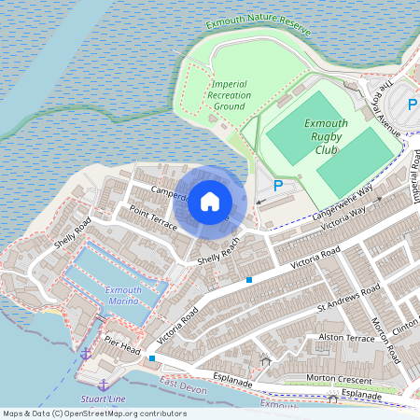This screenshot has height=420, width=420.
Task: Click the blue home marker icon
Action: click(209, 202)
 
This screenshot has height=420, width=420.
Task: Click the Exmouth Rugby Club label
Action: click(326, 136)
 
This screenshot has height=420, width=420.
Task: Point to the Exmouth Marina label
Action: click(123, 296)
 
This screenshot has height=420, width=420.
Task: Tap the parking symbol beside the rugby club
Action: click(277, 186)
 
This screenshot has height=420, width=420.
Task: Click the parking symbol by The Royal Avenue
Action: click(413, 105)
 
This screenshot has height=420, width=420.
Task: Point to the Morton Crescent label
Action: click(340, 379)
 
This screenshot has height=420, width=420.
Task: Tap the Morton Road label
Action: click(385, 341)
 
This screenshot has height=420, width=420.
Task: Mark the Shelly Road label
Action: click(71, 238)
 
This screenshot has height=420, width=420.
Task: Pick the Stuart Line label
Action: click(103, 399)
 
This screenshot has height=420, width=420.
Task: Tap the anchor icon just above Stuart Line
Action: click(103, 385)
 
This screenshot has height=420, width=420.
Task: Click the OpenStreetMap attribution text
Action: click(93, 413)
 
